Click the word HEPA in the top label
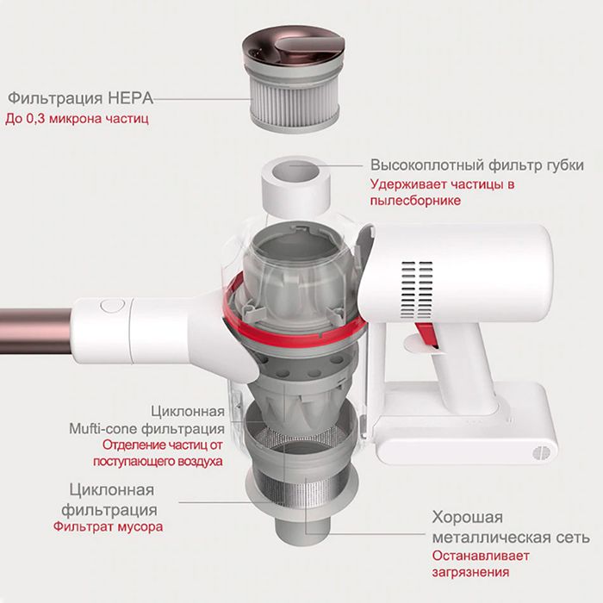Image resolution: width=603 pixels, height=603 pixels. point(130,98)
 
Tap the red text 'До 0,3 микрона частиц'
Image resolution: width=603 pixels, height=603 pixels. point(77,119)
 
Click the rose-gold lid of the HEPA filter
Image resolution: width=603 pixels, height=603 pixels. point(293,47)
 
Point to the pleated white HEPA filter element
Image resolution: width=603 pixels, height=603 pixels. point(295,101)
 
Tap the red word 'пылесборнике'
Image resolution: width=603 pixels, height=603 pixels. point(415,201)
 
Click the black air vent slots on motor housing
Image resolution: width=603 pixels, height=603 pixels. point(416,290)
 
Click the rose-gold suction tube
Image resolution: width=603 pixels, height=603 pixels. point(36,331)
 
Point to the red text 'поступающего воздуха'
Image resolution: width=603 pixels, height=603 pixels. point(158,461)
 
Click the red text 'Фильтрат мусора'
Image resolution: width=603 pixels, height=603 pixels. point(108,526)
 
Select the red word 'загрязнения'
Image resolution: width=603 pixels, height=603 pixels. point(470,572)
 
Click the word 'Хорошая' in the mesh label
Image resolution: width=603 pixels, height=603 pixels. point(468,517)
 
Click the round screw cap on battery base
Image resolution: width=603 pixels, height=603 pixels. point(540,453)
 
